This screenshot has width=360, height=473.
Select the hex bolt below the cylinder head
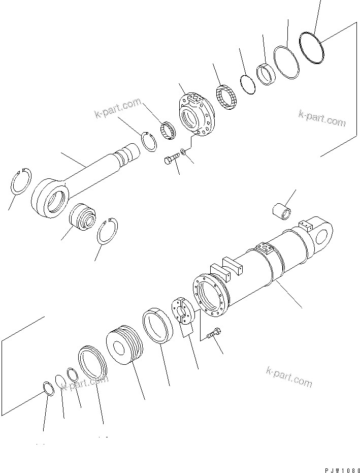(172, 160)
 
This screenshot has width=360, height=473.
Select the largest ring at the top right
(311, 47)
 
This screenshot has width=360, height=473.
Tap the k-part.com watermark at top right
(322, 118)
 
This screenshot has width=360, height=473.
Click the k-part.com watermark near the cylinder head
(117, 108)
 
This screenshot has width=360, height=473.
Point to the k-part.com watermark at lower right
(289, 376)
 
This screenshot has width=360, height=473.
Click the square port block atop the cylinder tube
(265, 249)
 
